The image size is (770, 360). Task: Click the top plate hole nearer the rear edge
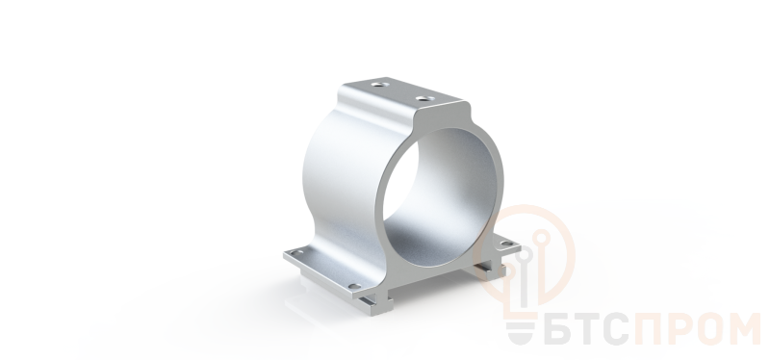(377, 85)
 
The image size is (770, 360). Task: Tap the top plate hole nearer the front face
(423, 98)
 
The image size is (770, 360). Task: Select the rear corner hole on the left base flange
(296, 252)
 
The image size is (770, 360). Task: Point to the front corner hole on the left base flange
(353, 286)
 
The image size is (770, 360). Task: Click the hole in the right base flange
(506, 244)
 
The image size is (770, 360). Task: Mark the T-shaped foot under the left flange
(376, 302)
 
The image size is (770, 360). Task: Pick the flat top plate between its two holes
(401, 91)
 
